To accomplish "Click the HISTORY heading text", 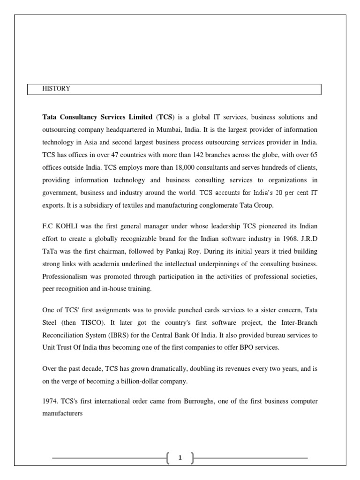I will tap(56, 89).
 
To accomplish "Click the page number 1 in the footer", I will tap(180, 458).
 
